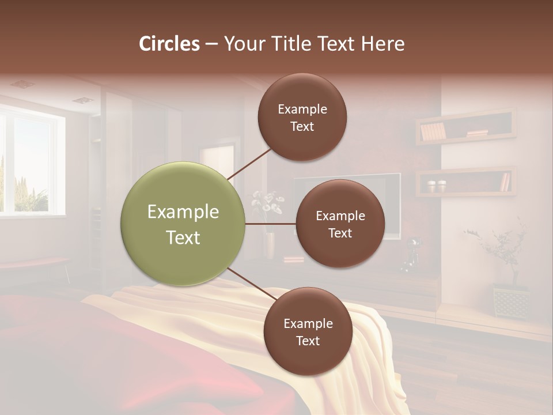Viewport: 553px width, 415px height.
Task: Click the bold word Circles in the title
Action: click(169, 44)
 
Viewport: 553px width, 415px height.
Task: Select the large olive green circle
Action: click(183, 224)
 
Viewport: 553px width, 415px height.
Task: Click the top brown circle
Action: click(302, 118)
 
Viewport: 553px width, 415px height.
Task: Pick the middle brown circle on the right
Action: click(340, 224)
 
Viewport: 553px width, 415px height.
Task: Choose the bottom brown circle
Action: click(308, 332)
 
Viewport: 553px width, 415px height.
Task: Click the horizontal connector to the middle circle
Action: click(271, 224)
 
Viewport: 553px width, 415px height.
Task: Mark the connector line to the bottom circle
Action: click(251, 284)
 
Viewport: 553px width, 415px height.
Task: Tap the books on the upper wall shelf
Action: click(433, 132)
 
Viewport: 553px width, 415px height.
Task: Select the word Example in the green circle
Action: click(183, 212)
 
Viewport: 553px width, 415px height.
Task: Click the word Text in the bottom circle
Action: click(308, 341)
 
